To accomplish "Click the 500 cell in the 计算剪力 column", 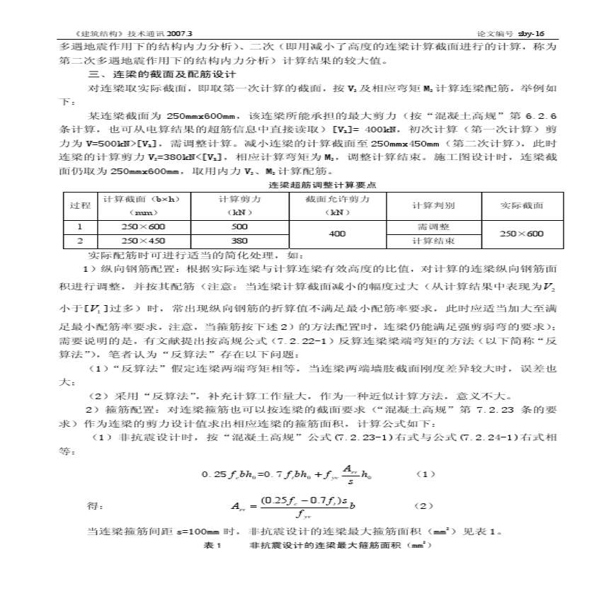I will click(x=239, y=227).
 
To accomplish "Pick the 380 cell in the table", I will click(x=239, y=241).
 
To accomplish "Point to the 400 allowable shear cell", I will click(x=338, y=234).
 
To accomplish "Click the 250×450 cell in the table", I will click(x=144, y=241).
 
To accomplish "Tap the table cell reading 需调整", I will click(x=433, y=227).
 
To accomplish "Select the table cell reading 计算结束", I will click(x=433, y=241).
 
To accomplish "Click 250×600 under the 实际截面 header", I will click(x=523, y=234).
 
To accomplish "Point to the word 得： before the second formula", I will click(x=95, y=506).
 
